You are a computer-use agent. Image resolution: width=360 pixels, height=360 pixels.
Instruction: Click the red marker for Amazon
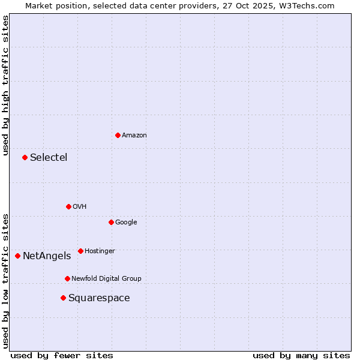pyautogui.click(x=118, y=135)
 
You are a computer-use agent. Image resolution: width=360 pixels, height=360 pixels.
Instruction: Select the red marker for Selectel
pyautogui.click(x=25, y=157)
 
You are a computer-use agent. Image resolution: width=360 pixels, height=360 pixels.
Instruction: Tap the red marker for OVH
pyautogui.click(x=68, y=206)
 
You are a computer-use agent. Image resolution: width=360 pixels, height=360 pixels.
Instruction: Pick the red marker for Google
pyautogui.click(x=111, y=222)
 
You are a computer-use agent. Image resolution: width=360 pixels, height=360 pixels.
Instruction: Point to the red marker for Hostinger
pyautogui.click(x=80, y=251)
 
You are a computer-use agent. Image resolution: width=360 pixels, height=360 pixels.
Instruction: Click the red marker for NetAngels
pyautogui.click(x=17, y=256)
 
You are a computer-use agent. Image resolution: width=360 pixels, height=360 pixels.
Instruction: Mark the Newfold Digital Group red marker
pyautogui.click(x=67, y=278)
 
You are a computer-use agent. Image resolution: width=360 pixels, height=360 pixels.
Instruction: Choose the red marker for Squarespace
pyautogui.click(x=63, y=298)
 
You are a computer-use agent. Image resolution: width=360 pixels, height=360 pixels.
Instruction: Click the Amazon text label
pyautogui.click(x=134, y=136)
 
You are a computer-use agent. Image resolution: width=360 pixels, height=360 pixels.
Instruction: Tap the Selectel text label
pyautogui.click(x=49, y=158)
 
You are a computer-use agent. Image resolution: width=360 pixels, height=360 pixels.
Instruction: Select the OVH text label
pyautogui.click(x=80, y=207)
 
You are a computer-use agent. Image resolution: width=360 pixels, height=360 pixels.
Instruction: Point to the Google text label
pyautogui.click(x=126, y=223)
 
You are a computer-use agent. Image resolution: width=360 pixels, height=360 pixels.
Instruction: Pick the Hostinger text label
pyautogui.click(x=100, y=251)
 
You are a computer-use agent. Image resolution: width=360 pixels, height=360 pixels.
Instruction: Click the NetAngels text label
pyautogui.click(x=47, y=256)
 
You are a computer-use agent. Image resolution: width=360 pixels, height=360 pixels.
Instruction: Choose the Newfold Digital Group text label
pyautogui.click(x=106, y=279)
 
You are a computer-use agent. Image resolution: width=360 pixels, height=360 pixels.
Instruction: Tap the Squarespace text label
pyautogui.click(x=99, y=298)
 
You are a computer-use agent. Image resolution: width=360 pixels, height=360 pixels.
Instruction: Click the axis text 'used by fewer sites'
pyautogui.click(x=62, y=355)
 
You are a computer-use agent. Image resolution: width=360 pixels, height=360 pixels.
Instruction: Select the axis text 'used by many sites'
pyautogui.click(x=301, y=355)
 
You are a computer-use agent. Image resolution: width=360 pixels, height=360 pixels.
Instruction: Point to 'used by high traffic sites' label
pyautogui.click(x=5, y=85)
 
